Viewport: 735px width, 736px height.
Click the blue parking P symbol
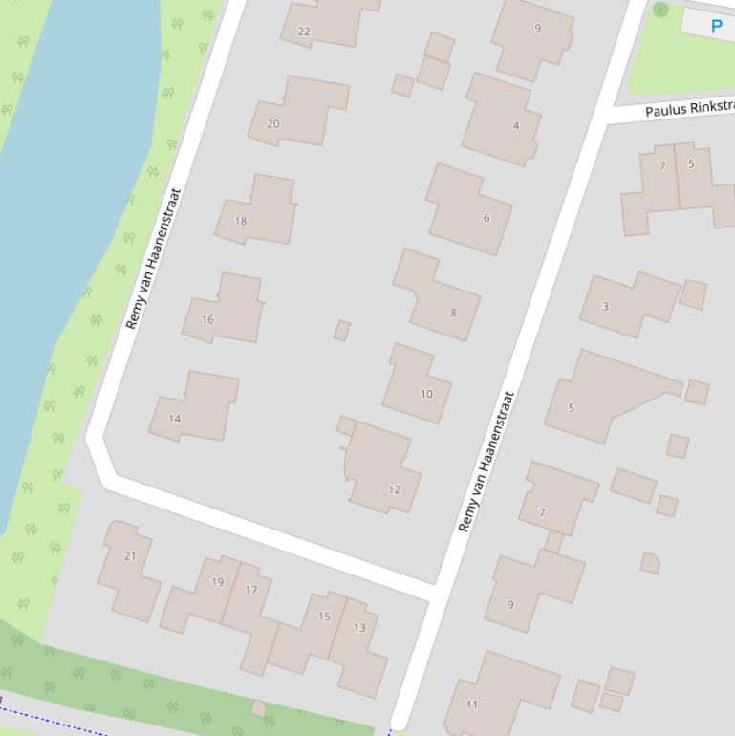click(x=716, y=26)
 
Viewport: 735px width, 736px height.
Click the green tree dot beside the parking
click(x=660, y=10)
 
